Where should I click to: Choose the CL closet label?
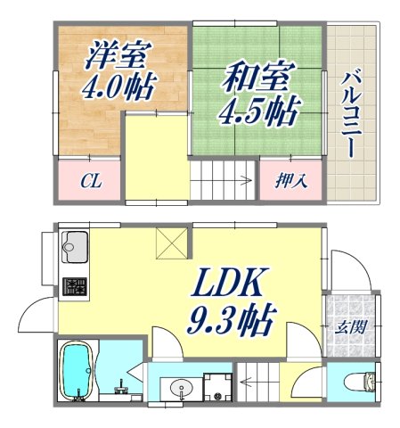pos(90,183)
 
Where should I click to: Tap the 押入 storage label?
pos(290,182)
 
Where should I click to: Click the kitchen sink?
pos(74,246)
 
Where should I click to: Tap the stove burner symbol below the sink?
pos(74,287)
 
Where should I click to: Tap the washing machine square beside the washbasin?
pos(216,386)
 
